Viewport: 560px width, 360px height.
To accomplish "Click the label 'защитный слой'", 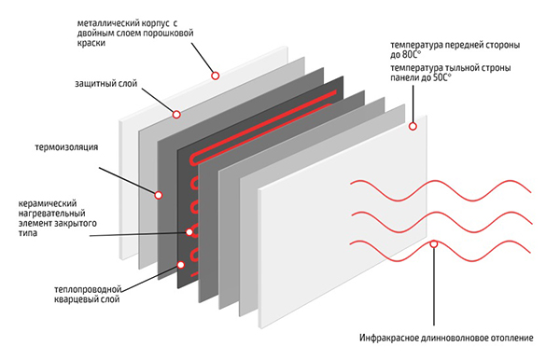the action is [x=106, y=84].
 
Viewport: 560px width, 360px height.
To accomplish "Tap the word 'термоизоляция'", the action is [x=66, y=147].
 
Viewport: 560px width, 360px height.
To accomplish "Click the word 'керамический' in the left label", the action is [x=48, y=203].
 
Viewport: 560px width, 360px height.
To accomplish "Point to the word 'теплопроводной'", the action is [x=88, y=289].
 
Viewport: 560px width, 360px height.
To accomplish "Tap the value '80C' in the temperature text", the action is [x=411, y=55].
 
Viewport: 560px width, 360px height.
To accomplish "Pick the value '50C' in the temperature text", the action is [x=441, y=77].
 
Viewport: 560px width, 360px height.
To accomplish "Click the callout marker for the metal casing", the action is [x=215, y=76].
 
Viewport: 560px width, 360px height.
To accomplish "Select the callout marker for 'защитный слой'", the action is [x=176, y=115].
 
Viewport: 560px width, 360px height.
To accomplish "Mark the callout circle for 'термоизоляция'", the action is [x=159, y=195].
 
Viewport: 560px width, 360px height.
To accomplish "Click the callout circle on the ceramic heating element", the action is [x=189, y=232].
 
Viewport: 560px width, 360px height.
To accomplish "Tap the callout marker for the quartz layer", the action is [x=181, y=265].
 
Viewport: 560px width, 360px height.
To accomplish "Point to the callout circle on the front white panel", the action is [x=413, y=126].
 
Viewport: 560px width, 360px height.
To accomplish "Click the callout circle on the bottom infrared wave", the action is [x=434, y=244].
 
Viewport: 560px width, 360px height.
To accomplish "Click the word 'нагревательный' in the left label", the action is [x=51, y=214].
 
